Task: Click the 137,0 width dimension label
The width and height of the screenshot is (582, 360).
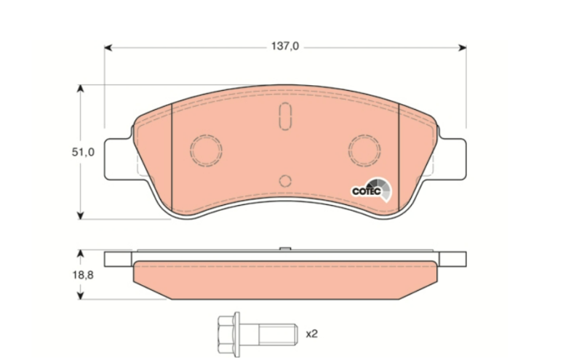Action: [x=284, y=47]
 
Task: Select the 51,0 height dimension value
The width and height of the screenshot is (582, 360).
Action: [x=83, y=152]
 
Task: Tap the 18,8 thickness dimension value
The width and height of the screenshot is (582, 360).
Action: [x=83, y=275]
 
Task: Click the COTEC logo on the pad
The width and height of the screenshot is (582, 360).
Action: [x=371, y=190]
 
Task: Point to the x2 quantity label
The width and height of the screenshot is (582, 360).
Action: [x=312, y=334]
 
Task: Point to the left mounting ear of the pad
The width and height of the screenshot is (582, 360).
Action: [x=119, y=159]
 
